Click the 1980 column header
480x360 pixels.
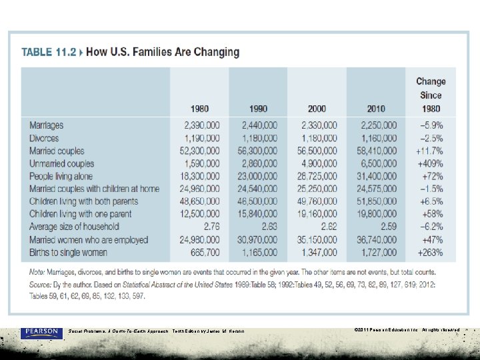[x=199, y=109]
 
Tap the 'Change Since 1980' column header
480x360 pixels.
[x=431, y=95]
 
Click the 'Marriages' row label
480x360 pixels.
[x=47, y=125]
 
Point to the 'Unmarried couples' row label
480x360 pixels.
[x=62, y=163]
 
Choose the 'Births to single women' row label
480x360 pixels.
[x=68, y=252]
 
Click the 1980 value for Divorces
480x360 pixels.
[x=201, y=138]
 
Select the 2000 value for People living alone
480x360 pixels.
[x=319, y=176]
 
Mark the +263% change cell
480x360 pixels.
[x=430, y=252]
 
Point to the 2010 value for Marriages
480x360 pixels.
[x=379, y=125]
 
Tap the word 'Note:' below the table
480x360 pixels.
[x=38, y=273]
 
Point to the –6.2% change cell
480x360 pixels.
[x=431, y=227]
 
